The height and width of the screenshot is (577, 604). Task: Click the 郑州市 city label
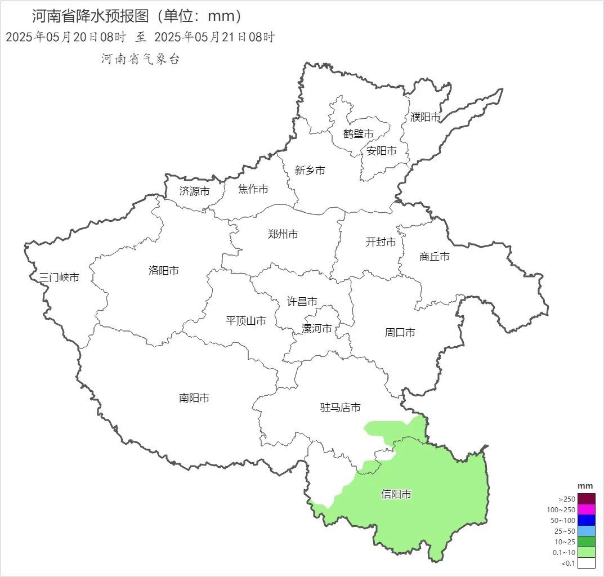[x=283, y=234]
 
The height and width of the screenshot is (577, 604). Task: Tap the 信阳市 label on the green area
[x=396, y=494]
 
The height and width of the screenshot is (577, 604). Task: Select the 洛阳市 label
[x=163, y=270]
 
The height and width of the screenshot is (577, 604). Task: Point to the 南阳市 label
[x=194, y=398]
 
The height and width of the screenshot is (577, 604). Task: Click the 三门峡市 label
[x=59, y=277]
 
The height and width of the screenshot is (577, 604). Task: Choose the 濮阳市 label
[x=425, y=117]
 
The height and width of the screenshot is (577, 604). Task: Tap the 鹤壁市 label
[x=358, y=134]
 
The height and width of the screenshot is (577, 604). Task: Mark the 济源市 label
[x=194, y=191]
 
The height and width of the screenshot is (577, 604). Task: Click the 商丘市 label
[x=434, y=257]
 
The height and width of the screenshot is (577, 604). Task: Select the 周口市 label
[x=400, y=333]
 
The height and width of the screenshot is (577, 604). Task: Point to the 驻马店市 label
[x=340, y=408]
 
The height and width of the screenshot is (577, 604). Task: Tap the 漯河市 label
[x=316, y=329]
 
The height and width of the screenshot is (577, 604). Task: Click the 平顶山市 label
[x=245, y=321]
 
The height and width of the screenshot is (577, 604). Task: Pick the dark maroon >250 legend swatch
[x=586, y=499]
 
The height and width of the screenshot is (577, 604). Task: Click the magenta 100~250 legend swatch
[x=586, y=509]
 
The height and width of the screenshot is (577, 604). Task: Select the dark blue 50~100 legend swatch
[x=586, y=520]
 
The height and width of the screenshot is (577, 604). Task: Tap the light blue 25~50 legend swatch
[x=586, y=531]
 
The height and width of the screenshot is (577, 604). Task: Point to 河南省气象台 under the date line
[x=140, y=59]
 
